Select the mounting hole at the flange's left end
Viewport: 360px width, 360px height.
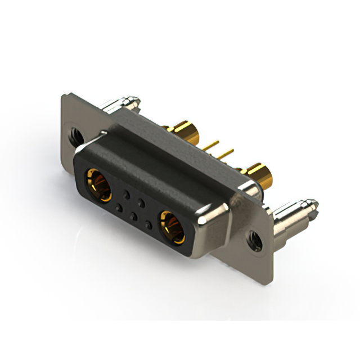(74, 134)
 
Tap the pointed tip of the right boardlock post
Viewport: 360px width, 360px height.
(313, 203)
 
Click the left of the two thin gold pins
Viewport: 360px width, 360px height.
(211, 147)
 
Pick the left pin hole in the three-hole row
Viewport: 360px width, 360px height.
(119, 209)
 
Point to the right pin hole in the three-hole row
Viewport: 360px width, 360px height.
(148, 226)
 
